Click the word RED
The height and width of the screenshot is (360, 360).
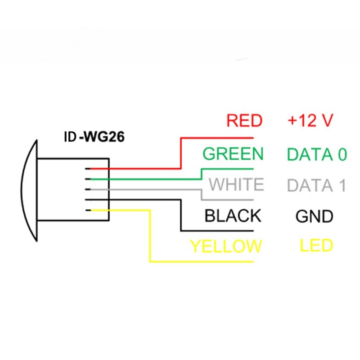[244, 121]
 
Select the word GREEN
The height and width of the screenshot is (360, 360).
[232, 154]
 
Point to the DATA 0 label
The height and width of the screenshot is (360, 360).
[317, 154]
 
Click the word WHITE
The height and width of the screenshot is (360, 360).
[237, 185]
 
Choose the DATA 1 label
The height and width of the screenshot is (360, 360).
[317, 185]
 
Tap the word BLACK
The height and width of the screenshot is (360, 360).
[232, 216]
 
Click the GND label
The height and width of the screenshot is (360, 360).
[314, 216]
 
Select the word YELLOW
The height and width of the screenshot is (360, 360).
[225, 247]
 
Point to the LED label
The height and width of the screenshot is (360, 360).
[316, 246]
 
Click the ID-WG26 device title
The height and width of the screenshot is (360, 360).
[93, 135]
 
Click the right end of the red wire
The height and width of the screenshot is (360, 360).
[253, 138]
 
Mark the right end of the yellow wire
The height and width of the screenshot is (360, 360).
[253, 261]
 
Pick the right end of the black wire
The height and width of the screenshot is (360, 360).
[253, 231]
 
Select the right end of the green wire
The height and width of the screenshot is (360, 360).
[253, 169]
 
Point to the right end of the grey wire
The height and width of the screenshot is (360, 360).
[253, 199]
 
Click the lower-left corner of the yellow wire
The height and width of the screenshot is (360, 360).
[150, 261]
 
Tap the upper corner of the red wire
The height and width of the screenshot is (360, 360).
[181, 138]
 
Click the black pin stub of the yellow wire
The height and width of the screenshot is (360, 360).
[90, 210]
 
